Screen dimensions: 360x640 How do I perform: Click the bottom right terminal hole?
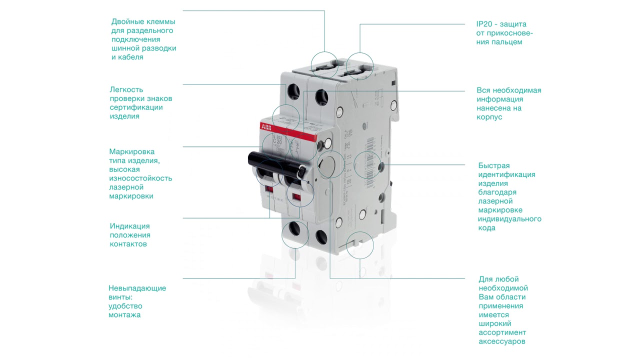pos(320,235)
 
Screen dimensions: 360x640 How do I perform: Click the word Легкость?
pos(126,89)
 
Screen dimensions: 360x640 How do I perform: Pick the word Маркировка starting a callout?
pos(132,151)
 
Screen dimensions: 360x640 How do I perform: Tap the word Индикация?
pos(130,226)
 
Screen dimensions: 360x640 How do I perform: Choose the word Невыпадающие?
pos(137,288)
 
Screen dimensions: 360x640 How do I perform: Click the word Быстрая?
pos(494,165)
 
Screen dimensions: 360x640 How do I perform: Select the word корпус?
pos(489,117)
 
